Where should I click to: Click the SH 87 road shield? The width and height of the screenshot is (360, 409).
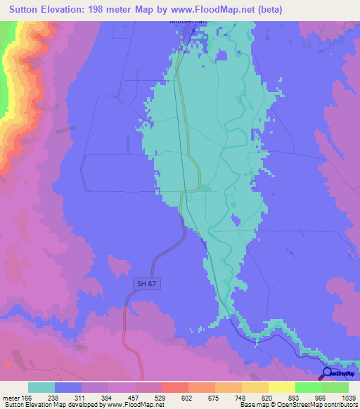point(143,283)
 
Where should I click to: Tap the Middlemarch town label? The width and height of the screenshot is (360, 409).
point(191,21)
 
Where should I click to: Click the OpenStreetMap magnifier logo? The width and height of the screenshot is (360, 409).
point(328,372)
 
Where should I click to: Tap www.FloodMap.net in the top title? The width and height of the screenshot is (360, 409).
point(259,8)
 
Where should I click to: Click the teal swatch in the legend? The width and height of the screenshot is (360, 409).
point(41,387)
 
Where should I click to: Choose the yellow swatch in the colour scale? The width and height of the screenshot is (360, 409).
point(282,387)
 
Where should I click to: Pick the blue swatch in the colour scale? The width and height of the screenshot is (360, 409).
point(68,387)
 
